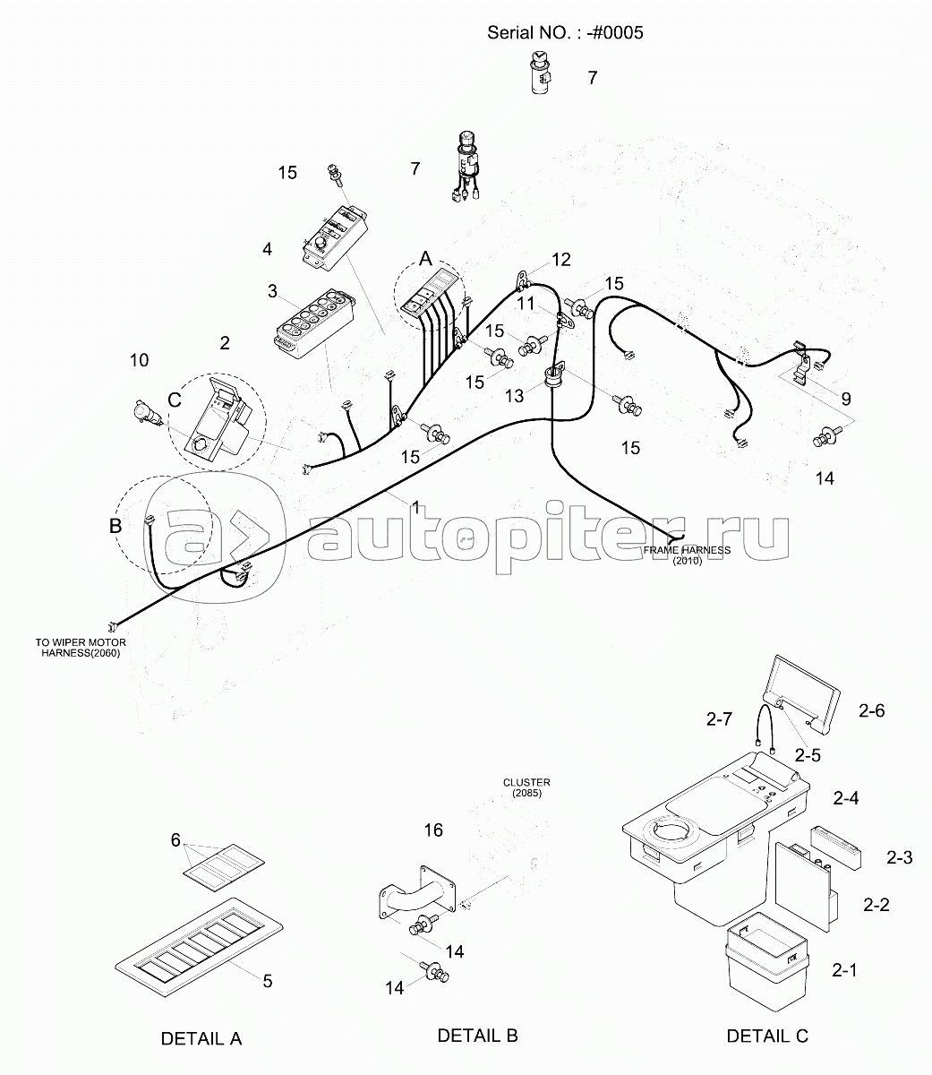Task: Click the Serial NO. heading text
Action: coord(565,32)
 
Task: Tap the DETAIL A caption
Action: coord(201,1039)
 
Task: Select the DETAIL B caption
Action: coord(477,1036)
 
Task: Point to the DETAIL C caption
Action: coord(767,1036)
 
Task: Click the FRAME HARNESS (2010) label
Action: coord(687,555)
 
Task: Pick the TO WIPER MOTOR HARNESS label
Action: coord(81,648)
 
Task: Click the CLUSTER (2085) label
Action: coord(526,787)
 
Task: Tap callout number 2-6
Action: coord(872,711)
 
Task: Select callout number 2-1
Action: coord(844,970)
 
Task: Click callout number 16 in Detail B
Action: coord(433,830)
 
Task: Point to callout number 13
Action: coord(515,396)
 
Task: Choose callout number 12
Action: coord(560,260)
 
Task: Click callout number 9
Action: coord(846,400)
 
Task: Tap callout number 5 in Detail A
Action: coord(268,981)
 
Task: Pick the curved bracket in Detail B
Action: coord(417,894)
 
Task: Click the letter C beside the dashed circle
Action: coord(175,400)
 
